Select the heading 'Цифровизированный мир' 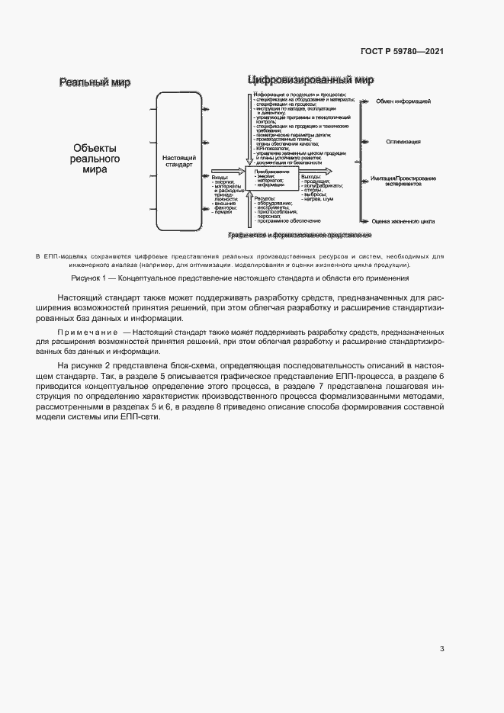(310, 80)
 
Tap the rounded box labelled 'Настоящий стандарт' (179, 161)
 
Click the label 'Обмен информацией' (403, 101)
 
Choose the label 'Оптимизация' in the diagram (403, 141)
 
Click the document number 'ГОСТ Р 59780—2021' (402, 51)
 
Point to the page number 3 (442, 649)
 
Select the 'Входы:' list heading (220, 176)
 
